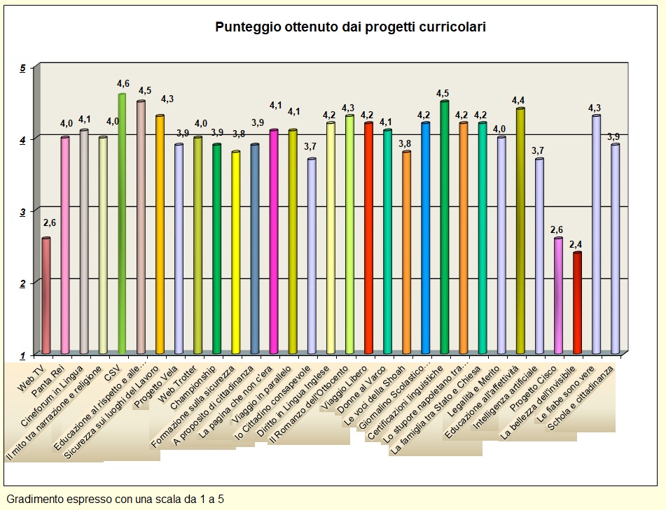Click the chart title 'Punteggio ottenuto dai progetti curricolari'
click(350, 27)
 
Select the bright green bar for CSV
click(122, 224)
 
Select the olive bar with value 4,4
click(520, 231)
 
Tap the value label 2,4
click(576, 244)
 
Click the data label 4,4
click(519, 99)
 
